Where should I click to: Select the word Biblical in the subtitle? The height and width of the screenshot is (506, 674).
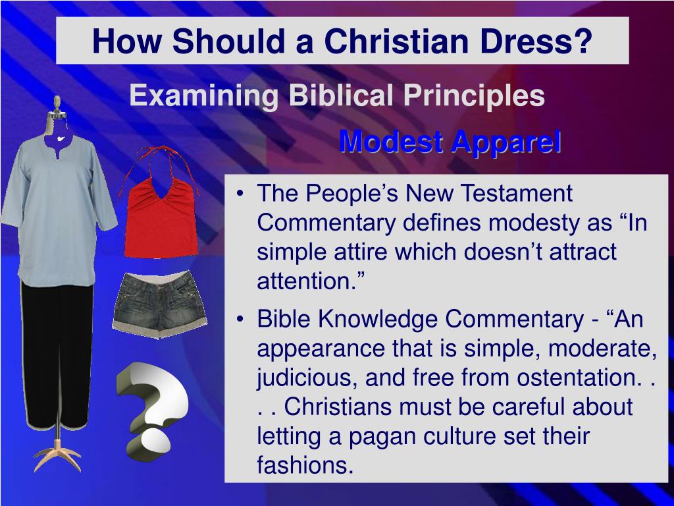[x=342, y=96]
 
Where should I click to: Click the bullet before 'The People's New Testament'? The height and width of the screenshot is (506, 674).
[x=242, y=194]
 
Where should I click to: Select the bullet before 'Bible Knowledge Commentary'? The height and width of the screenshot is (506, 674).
[x=242, y=320]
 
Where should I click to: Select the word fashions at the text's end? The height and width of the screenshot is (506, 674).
[x=301, y=465]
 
